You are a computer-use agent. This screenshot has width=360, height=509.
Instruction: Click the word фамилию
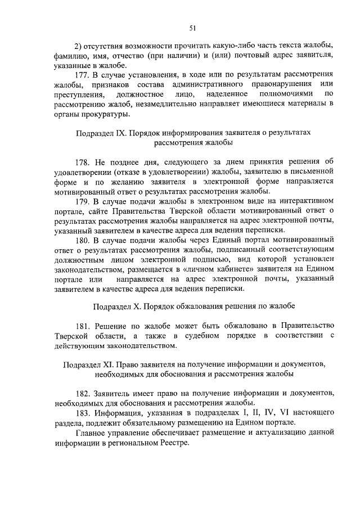tap(71, 55)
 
